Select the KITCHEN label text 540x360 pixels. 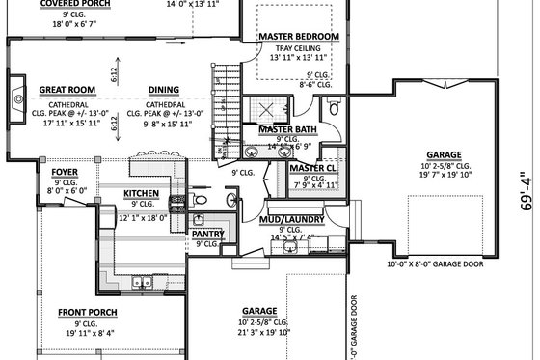coord(141,194)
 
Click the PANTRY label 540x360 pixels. coord(206,234)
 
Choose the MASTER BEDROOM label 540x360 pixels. coord(299,37)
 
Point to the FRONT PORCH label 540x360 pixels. coord(88,312)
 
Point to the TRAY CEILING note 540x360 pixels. coord(299,48)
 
